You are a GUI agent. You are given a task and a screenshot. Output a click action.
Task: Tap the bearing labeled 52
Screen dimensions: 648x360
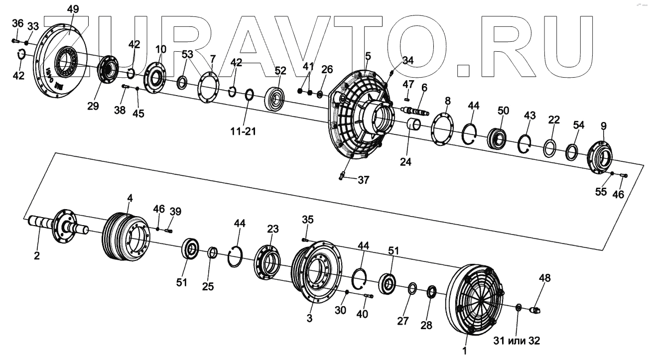(275, 99)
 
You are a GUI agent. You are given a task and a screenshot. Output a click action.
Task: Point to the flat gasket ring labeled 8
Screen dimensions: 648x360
(441, 130)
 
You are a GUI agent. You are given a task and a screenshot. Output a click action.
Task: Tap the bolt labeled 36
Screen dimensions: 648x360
(15, 41)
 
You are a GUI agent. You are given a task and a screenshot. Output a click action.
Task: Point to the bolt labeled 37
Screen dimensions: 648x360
(342, 174)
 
